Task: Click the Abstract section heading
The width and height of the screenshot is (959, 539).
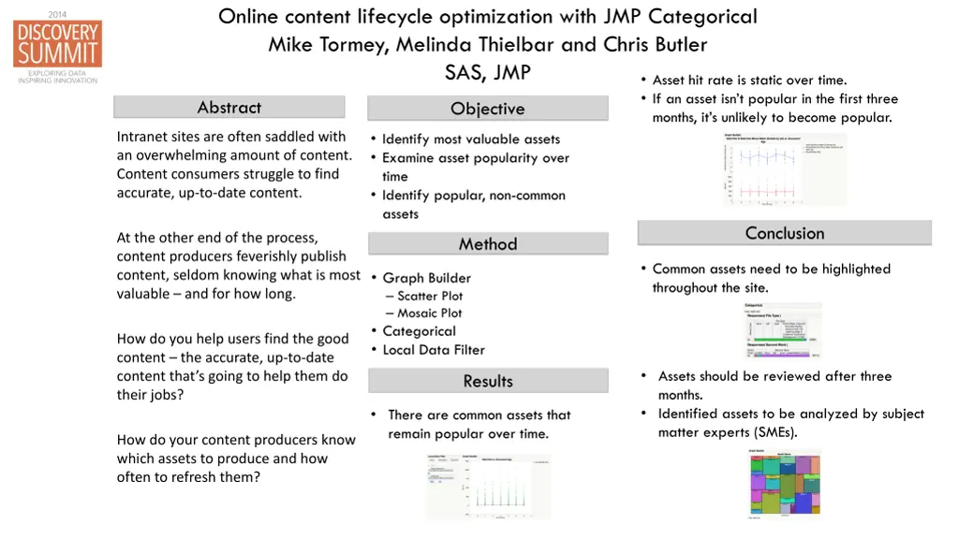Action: coord(229,108)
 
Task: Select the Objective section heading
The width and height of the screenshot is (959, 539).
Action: coord(487,109)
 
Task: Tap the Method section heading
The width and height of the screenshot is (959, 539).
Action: coord(487,244)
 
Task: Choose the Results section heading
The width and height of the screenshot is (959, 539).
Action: coord(487,381)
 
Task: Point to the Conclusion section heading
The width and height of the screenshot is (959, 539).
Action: coord(784,233)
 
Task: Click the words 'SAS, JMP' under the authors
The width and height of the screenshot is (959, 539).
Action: coord(487,72)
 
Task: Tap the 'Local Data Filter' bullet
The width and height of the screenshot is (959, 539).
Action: coord(434,350)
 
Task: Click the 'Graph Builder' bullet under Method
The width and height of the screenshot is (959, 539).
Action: coord(426,278)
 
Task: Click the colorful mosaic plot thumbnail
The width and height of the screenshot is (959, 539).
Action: coord(785,483)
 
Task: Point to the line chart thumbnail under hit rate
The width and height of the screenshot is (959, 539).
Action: coord(785,169)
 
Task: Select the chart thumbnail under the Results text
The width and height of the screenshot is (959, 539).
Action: coord(489,486)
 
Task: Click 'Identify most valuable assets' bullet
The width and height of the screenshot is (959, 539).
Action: coord(470,139)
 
